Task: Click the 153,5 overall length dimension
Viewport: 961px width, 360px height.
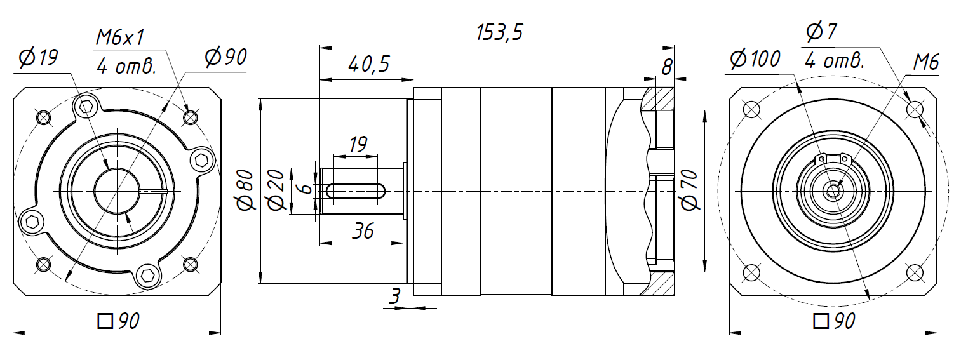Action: click(x=499, y=32)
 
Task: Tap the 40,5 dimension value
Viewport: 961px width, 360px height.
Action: click(x=368, y=64)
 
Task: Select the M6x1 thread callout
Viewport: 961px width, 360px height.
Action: click(x=119, y=37)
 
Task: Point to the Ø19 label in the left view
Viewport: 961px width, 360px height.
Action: click(x=38, y=58)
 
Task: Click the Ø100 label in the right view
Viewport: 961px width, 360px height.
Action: click(x=755, y=59)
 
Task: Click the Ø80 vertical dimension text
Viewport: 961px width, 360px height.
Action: click(x=246, y=190)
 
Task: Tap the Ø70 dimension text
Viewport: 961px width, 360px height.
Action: click(x=690, y=190)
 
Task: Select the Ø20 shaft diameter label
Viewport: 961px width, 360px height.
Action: click(x=276, y=190)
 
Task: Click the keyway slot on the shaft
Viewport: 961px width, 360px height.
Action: click(x=356, y=191)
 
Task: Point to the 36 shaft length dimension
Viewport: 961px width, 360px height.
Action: click(x=363, y=231)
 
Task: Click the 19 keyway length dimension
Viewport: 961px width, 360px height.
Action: click(x=358, y=145)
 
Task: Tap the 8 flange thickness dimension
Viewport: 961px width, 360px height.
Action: click(x=667, y=67)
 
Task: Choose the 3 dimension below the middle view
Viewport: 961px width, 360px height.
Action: click(x=394, y=296)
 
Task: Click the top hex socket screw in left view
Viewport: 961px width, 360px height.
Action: click(x=86, y=106)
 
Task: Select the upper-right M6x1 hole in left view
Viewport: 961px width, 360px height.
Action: click(x=191, y=117)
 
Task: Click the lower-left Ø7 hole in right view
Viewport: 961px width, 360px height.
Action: click(x=751, y=272)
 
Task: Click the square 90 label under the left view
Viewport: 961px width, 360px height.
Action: click(x=118, y=321)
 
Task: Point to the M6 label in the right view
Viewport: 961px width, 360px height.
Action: click(x=926, y=63)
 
